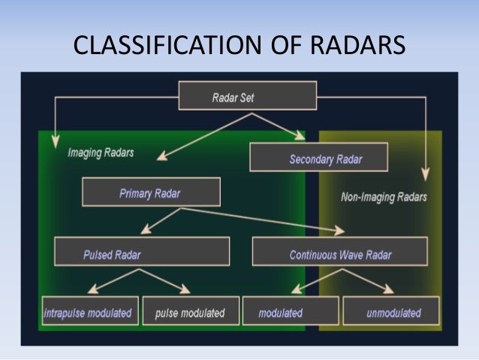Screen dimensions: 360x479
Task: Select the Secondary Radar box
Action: click(x=318, y=158)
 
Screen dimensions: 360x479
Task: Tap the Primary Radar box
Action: click(x=151, y=192)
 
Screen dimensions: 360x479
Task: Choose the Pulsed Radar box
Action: click(x=141, y=253)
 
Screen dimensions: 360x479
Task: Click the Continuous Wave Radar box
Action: click(x=339, y=253)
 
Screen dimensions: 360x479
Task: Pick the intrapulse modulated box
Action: click(x=89, y=312)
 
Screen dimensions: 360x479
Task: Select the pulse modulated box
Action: click(x=190, y=312)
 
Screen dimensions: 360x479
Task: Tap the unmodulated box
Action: click(x=393, y=312)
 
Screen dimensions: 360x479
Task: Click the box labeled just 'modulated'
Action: click(x=290, y=312)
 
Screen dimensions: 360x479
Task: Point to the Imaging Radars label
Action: click(x=101, y=152)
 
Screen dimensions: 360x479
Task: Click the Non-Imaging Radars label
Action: click(x=384, y=197)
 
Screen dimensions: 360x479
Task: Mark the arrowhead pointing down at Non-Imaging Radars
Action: click(x=425, y=175)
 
